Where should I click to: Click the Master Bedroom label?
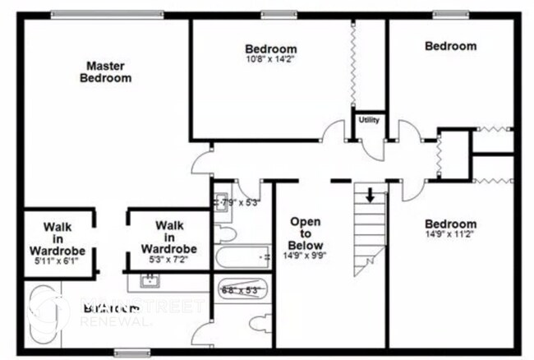[x=105, y=72]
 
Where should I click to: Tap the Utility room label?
[x=369, y=121]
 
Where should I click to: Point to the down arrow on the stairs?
[x=371, y=196]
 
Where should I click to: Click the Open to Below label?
[x=305, y=234]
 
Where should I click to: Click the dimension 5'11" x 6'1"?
[x=58, y=261]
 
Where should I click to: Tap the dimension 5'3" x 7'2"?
[x=168, y=260]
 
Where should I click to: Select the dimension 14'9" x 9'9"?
[x=305, y=256]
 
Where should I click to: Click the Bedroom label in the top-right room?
[x=450, y=46]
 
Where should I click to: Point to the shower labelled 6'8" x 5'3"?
[x=240, y=290]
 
